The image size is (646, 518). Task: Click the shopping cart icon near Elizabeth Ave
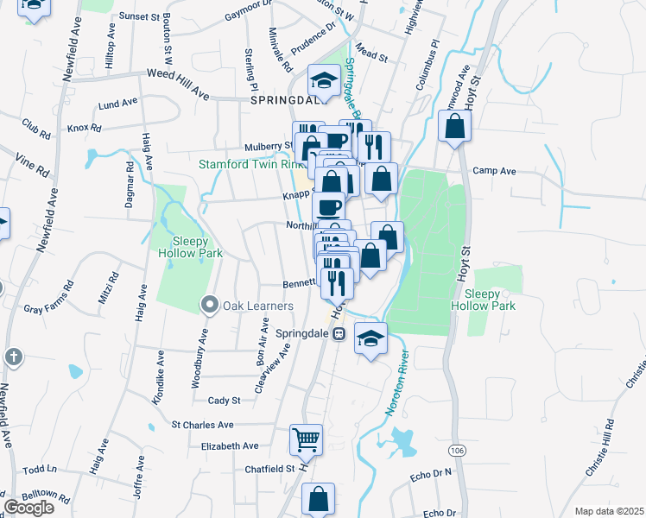pyautogui.click(x=307, y=440)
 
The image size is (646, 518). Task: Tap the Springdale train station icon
pyautogui.click(x=339, y=333)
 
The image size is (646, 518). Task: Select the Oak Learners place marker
pyautogui.click(x=209, y=305)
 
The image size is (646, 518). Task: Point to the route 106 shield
pyautogui.click(x=457, y=451)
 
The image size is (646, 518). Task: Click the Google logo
pyautogui.click(x=28, y=507)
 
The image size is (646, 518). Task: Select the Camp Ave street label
pyautogui.click(x=494, y=172)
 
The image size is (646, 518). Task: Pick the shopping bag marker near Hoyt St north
pyautogui.click(x=454, y=128)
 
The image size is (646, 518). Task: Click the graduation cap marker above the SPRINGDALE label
pyautogui.click(x=325, y=81)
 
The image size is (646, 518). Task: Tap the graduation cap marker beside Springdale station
pyautogui.click(x=370, y=338)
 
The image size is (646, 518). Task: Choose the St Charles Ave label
pyautogui.click(x=202, y=425)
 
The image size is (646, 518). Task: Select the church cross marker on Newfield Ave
pyautogui.click(x=12, y=357)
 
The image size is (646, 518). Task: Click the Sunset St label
pyautogui.click(x=141, y=16)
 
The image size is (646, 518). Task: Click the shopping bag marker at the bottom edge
pyautogui.click(x=318, y=499)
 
